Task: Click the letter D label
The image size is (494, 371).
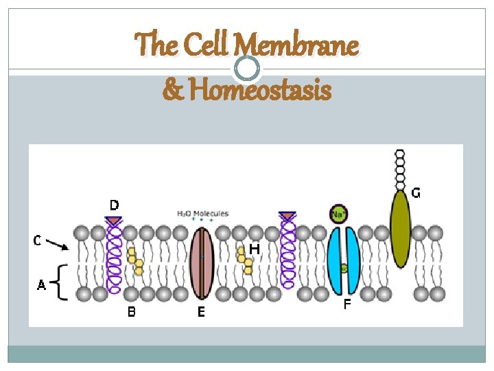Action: tap(114, 205)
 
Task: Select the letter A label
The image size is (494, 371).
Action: tap(41, 284)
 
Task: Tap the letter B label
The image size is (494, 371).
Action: tap(131, 313)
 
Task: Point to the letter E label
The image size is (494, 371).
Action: tap(201, 313)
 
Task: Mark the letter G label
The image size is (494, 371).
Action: tap(416, 193)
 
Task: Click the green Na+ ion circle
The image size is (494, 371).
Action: tap(338, 214)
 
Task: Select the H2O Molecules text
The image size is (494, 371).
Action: tap(202, 214)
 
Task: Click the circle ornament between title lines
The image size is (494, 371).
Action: tap(247, 67)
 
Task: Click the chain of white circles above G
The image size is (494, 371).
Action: tap(400, 168)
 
